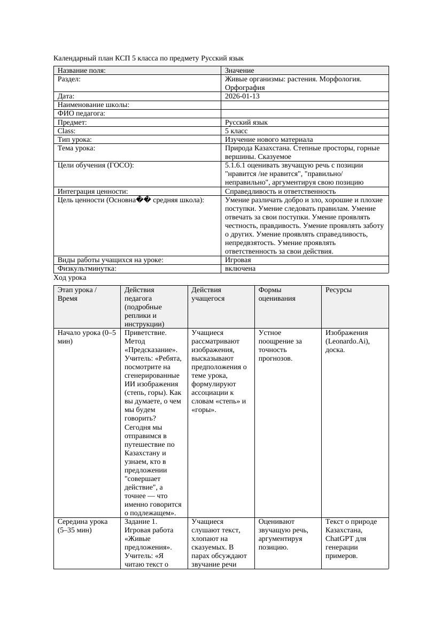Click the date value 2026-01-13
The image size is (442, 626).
click(x=242, y=96)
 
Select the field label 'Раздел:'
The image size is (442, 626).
click(x=69, y=79)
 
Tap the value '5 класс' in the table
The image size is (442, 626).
click(x=236, y=131)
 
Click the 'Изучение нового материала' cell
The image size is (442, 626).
click(x=269, y=139)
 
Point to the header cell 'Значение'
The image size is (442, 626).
click(x=239, y=71)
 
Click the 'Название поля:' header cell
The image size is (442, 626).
click(x=81, y=71)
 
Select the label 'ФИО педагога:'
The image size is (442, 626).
click(x=81, y=113)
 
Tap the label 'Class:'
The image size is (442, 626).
click(x=67, y=131)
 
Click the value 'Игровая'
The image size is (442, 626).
click(x=238, y=260)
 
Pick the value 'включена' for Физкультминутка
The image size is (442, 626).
click(x=240, y=269)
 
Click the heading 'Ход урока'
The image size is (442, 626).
click(x=70, y=278)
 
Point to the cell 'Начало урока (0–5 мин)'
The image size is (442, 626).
click(x=86, y=337)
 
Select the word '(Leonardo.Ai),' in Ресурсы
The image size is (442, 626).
click(x=347, y=341)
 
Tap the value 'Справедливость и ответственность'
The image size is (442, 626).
click(x=280, y=191)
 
